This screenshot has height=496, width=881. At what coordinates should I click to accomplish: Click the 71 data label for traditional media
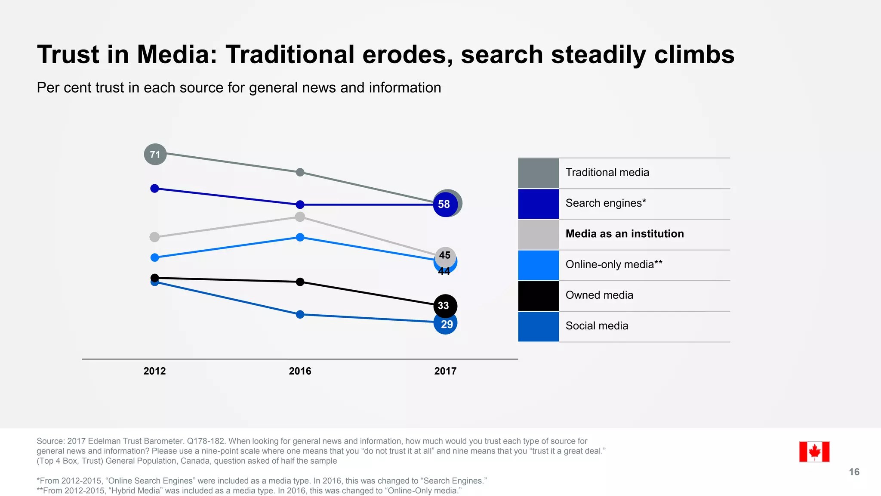[x=155, y=154]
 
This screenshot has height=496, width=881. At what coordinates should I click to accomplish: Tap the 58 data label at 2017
[x=444, y=204]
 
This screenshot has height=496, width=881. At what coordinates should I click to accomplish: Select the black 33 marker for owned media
[x=444, y=306]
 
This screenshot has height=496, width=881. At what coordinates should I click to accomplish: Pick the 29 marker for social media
[x=446, y=324]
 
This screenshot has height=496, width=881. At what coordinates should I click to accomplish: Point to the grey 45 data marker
[x=445, y=256]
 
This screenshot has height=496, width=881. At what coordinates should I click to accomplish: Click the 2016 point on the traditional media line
[x=300, y=172]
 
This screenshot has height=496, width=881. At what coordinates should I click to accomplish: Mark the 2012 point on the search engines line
[x=155, y=188]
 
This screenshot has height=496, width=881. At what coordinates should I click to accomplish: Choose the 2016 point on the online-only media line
[x=300, y=237]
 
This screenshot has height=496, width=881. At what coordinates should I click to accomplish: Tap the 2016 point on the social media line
[x=300, y=314]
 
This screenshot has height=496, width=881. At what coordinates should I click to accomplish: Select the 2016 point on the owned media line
[x=300, y=282]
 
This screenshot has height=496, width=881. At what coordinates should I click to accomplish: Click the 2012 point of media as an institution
[x=154, y=237]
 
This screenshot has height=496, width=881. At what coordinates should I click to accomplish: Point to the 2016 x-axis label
[x=300, y=371]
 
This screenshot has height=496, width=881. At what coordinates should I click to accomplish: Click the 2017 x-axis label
[x=445, y=371]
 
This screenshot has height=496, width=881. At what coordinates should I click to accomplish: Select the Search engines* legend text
[x=606, y=203]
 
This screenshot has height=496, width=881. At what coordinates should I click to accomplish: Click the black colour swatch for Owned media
[x=538, y=296]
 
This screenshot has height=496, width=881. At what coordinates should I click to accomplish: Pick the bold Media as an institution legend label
[x=625, y=234]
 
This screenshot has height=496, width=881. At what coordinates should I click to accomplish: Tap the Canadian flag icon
[x=814, y=452]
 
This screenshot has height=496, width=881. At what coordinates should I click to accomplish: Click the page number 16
[x=854, y=472]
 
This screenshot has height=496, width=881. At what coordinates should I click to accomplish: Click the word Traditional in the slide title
[x=290, y=55]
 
